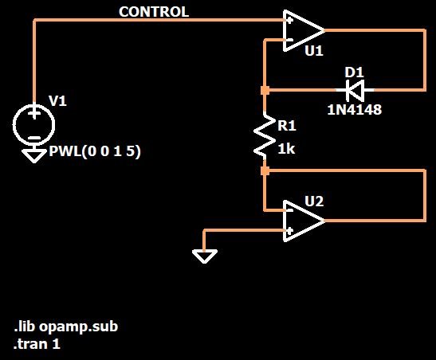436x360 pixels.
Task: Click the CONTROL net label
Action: pos(154,12)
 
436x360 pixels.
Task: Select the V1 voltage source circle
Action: pos(34,125)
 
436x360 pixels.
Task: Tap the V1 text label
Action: pos(57,101)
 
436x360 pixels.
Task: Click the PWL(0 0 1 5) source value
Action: pos(95,151)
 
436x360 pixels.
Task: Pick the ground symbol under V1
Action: pos(34,155)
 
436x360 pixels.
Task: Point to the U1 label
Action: pos(314,51)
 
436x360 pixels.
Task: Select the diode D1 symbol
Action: pos(355,90)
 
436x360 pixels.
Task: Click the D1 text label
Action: pos(354,72)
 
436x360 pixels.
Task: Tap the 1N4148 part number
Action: pos(355,110)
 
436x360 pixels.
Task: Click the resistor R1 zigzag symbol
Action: pos(265,136)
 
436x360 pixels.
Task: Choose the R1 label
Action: pos(287,126)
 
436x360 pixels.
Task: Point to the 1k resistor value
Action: pos(286,150)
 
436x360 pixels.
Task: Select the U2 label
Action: pos(314,202)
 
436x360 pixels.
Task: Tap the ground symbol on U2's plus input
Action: pos(204,256)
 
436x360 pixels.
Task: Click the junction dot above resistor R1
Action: pos(265,90)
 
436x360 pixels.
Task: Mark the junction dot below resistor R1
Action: pos(265,170)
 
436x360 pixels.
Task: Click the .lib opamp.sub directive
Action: pos(66,327)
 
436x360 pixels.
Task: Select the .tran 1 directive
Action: pos(37,344)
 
